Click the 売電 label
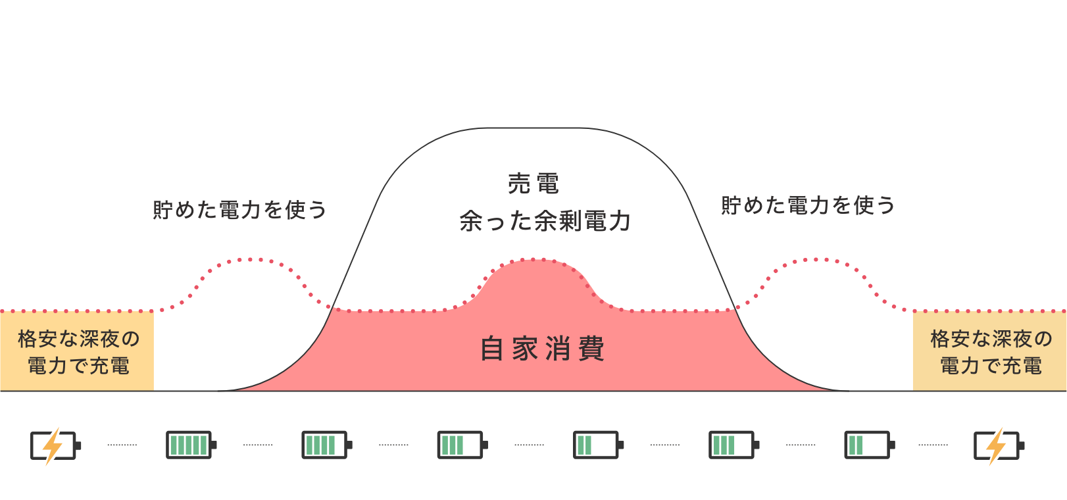533,184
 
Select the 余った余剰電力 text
545,221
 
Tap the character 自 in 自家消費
492,349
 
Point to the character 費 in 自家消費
591,349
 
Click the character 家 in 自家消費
525,349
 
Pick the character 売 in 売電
519,184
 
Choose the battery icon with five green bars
189,445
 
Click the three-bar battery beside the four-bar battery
460,445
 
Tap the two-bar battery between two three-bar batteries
596,445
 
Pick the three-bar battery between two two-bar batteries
732,445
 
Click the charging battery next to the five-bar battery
54,445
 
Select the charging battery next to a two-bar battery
997,445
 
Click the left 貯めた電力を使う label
239,210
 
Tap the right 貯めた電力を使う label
808,205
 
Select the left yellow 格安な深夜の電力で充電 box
78,352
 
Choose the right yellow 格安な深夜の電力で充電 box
989,352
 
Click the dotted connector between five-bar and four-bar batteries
258,445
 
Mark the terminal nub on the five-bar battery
214,445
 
